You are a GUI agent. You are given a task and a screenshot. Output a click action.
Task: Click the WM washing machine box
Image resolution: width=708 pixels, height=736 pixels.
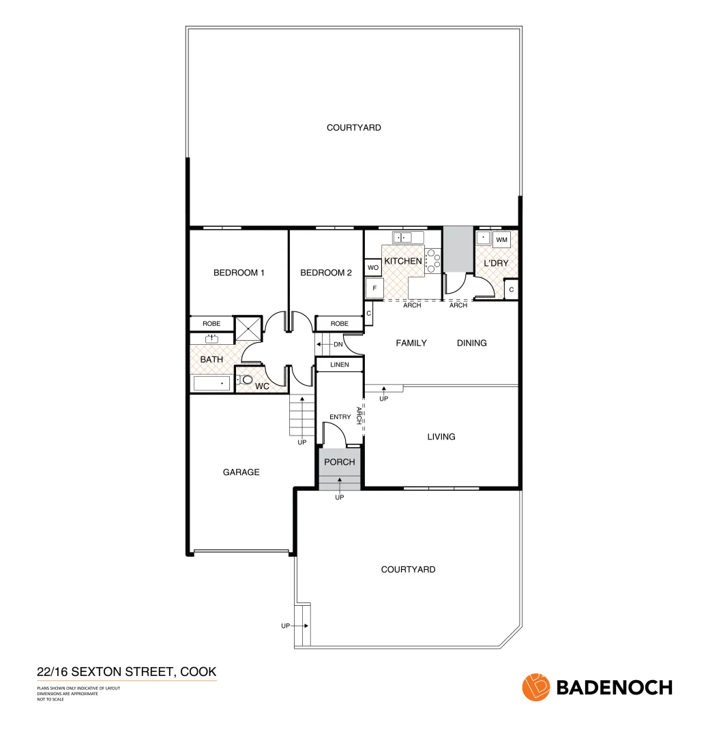(502, 240)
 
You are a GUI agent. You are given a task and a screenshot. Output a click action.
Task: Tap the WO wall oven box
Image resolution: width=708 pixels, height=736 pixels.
(372, 268)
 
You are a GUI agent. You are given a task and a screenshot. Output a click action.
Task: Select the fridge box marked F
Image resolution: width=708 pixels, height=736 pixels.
(373, 289)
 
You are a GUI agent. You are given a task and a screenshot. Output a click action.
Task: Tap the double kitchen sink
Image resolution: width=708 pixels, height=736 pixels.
(407, 237)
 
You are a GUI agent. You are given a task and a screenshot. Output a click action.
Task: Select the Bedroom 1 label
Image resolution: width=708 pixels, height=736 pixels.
(239, 273)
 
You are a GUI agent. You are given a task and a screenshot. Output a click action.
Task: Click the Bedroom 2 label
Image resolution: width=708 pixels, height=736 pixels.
(326, 273)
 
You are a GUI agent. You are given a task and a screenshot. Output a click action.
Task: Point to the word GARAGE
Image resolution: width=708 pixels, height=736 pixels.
(241, 472)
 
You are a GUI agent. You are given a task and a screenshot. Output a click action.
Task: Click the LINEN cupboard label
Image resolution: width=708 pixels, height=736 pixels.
(339, 365)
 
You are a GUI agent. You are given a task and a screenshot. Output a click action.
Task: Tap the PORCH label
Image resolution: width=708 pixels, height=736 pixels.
(340, 462)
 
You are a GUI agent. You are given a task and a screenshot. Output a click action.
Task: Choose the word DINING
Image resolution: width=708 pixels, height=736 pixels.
(471, 343)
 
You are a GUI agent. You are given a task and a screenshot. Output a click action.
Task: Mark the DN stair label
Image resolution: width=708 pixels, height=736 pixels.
(338, 344)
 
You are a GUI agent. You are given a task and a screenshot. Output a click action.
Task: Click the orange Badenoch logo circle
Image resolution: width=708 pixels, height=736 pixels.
(535, 687)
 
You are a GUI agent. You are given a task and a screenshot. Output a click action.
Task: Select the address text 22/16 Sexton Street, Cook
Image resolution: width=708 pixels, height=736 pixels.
(126, 673)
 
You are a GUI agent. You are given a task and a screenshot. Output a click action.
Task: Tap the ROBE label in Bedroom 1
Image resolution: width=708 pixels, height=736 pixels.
(211, 323)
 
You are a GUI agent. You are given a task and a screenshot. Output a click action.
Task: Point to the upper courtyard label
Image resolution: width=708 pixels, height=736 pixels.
(353, 127)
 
